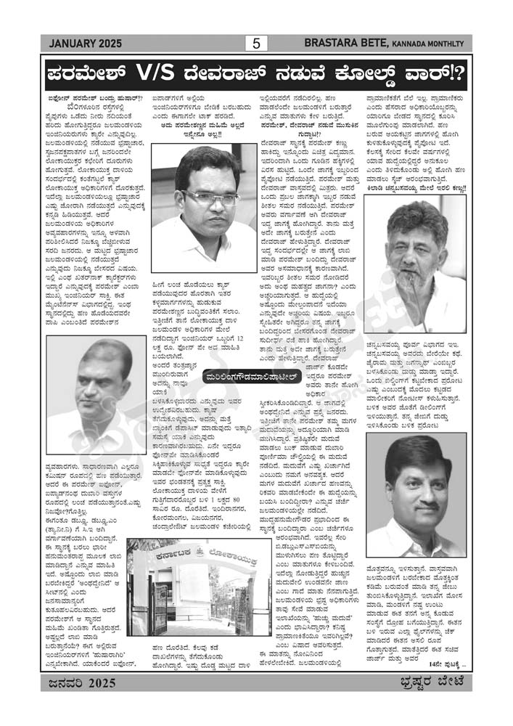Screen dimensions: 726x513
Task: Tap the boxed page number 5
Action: pyautogui.click(x=256, y=44)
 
